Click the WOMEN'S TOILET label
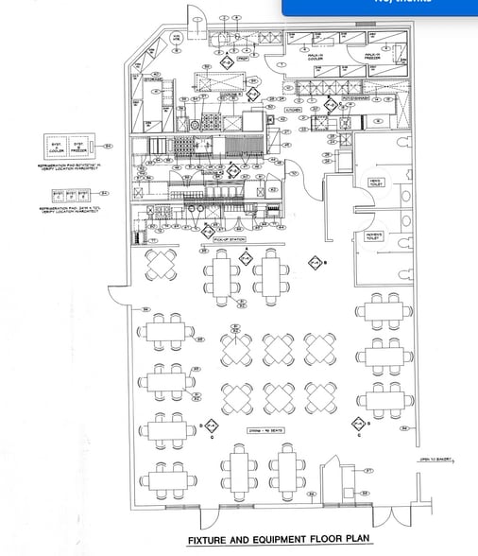pos(374,235)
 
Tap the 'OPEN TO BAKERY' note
pos(436,460)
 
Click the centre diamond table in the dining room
pos(278,349)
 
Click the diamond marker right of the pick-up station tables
pos(316,262)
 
